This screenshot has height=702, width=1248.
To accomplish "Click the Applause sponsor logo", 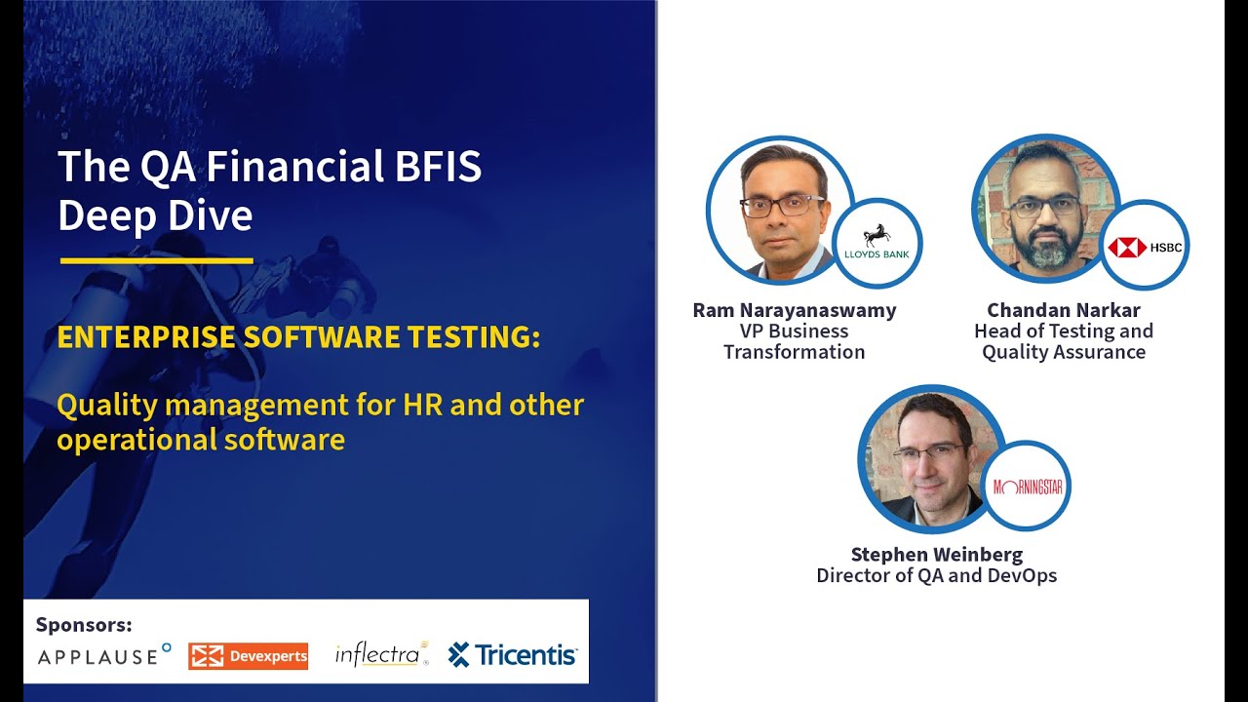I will coord(103,655).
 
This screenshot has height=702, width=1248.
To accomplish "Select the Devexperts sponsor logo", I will coord(249,656).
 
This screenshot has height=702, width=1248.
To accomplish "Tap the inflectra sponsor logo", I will coord(380,654).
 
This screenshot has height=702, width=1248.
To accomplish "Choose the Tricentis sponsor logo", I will coord(513,655).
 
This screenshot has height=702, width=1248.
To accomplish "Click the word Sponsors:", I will coord(84,625).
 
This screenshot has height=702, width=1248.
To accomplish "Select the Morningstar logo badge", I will coord(1027,486).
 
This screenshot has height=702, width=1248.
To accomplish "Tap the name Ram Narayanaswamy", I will coord(794,310).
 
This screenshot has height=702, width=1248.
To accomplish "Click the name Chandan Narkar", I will coord(1063,310).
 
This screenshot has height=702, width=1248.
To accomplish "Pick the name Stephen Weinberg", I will coord(936,555).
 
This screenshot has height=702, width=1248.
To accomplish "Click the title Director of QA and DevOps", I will coord(936,575).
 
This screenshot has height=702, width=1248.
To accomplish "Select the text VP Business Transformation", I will coord(794,341).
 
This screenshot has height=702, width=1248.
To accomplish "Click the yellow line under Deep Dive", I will coord(156,260).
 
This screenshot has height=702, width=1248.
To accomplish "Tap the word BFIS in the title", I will coord(438,167).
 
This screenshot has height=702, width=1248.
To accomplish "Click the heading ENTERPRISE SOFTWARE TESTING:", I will coord(298,337).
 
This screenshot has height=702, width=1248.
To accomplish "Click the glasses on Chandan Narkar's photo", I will coord(1044,207).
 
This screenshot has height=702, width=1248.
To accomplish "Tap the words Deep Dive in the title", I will coord(155,215).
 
